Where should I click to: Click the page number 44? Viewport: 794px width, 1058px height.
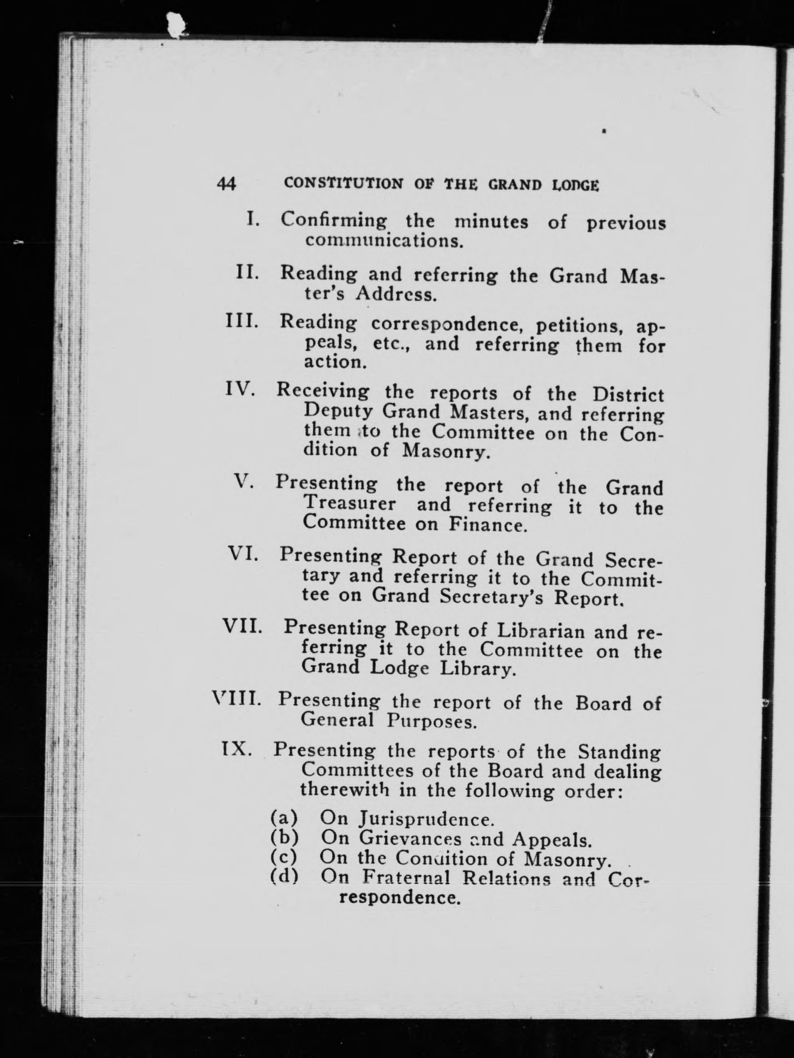point(226,184)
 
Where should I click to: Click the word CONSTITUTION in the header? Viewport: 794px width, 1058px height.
point(343,184)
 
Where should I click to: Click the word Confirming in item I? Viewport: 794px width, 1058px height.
point(334,220)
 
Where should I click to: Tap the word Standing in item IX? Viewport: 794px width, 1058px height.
point(619,752)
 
